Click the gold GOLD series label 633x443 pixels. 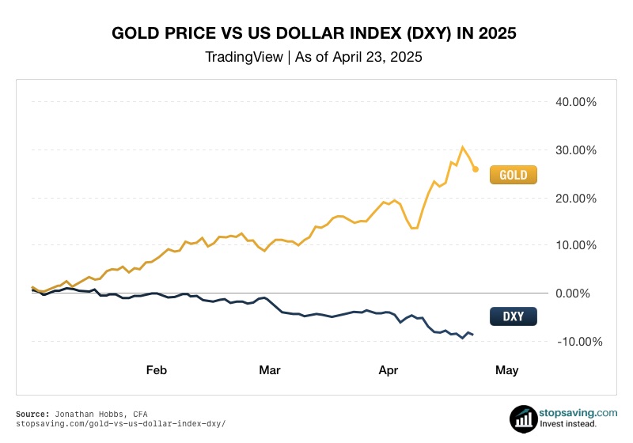[514, 174]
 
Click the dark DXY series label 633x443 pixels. [514, 317]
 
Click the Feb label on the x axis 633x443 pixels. [157, 369]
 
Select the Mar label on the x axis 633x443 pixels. [270, 369]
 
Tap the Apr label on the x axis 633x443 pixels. [388, 369]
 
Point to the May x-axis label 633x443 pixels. [506, 369]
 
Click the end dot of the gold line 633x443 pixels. [475, 168]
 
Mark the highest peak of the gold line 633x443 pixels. [463, 147]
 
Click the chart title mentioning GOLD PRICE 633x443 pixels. [316, 34]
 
